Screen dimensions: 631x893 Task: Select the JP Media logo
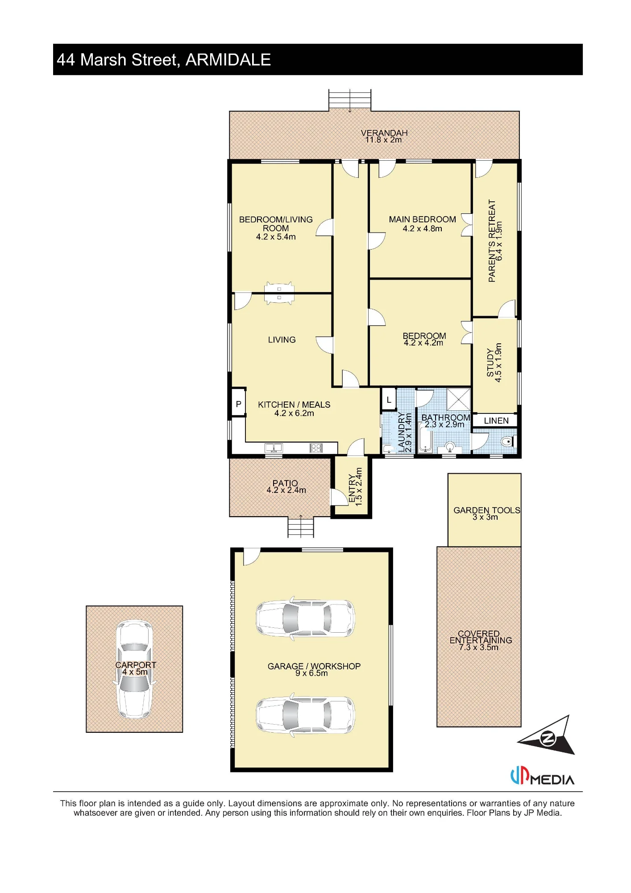pos(542,777)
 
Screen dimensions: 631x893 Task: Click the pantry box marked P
pos(239,404)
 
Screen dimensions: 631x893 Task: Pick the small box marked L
pos(389,400)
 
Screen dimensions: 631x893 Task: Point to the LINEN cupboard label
pos(496,421)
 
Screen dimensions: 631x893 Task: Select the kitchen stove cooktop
pos(316,447)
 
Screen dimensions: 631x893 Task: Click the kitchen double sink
pos(274,447)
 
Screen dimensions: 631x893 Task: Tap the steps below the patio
pos(301,527)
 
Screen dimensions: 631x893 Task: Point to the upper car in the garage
pos(306,618)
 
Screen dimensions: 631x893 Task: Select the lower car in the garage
pos(306,715)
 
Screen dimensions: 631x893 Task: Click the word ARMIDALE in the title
pos(228,60)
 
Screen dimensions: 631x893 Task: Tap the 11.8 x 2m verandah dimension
pos(383,140)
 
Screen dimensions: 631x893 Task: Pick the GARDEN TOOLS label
pos(487,510)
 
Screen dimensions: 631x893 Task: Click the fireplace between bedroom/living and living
pos(279,293)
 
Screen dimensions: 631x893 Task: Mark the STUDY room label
pos(490,363)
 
